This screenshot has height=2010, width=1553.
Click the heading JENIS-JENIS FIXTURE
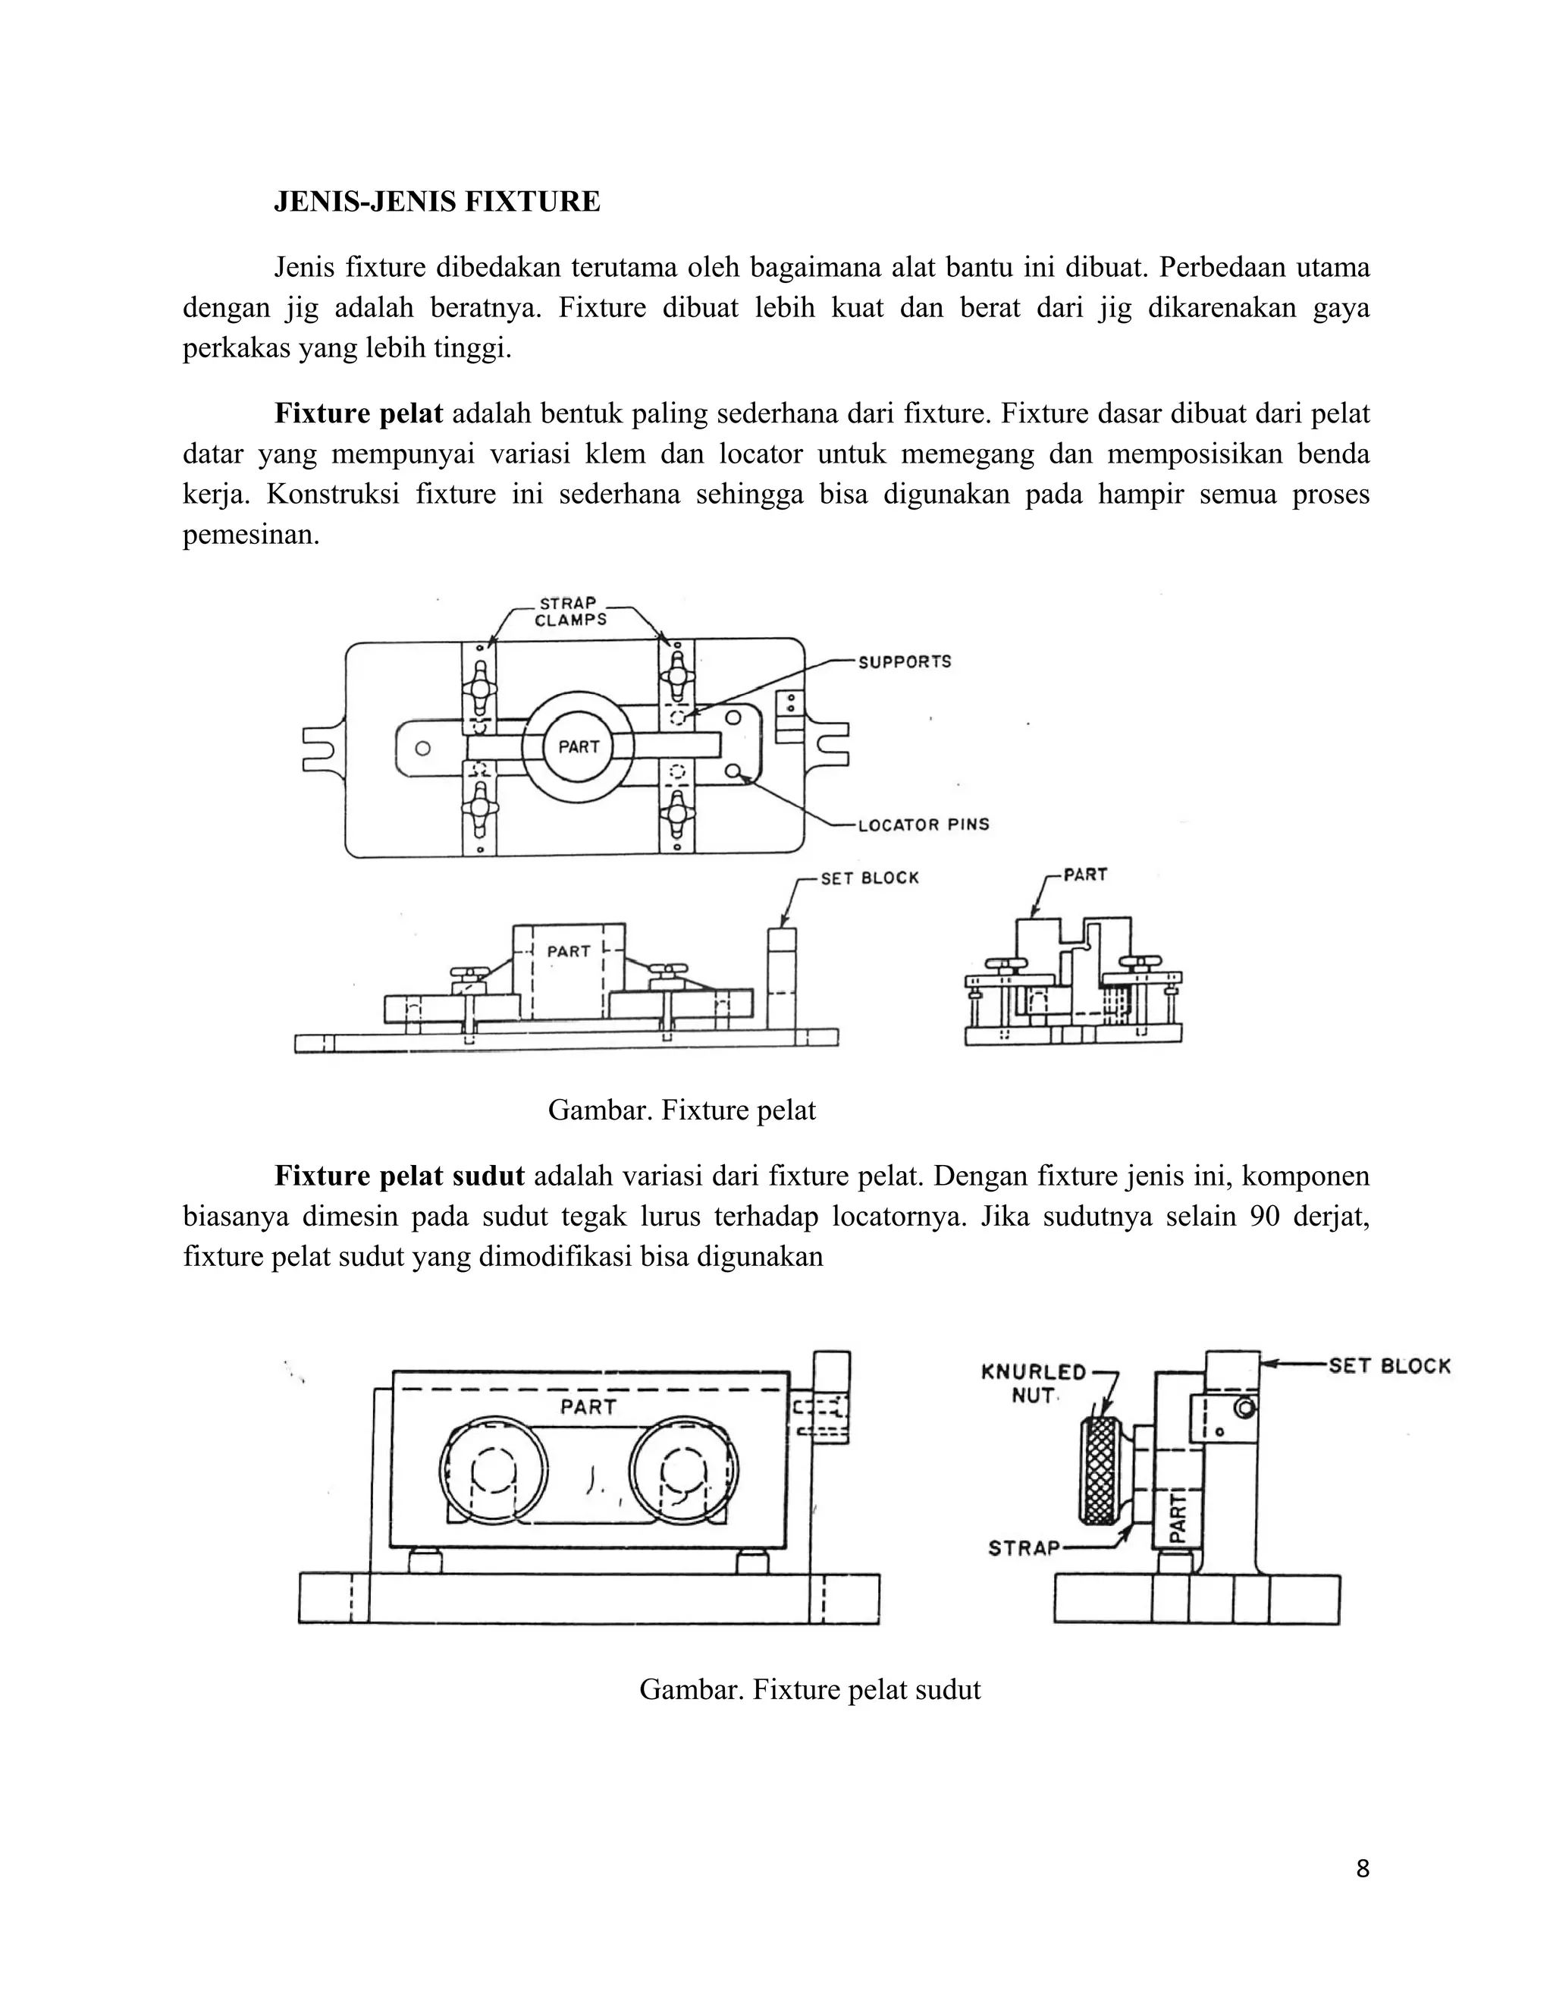[x=437, y=202]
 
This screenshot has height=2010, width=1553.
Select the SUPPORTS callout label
[x=905, y=661]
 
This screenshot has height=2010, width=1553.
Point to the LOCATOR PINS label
[x=924, y=824]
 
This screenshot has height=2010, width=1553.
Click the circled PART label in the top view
[x=579, y=746]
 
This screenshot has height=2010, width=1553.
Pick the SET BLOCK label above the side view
[x=870, y=878]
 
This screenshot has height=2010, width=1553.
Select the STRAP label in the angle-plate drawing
[x=1024, y=1548]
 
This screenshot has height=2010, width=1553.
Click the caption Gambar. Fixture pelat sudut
[x=810, y=1690]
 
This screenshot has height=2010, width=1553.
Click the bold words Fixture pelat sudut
[x=400, y=1176]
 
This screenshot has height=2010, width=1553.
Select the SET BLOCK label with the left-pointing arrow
[x=1389, y=1366]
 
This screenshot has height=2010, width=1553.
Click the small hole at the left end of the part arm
[x=422, y=748]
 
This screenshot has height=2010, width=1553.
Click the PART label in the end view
[x=1084, y=875]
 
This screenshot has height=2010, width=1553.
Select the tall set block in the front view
[x=782, y=980]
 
